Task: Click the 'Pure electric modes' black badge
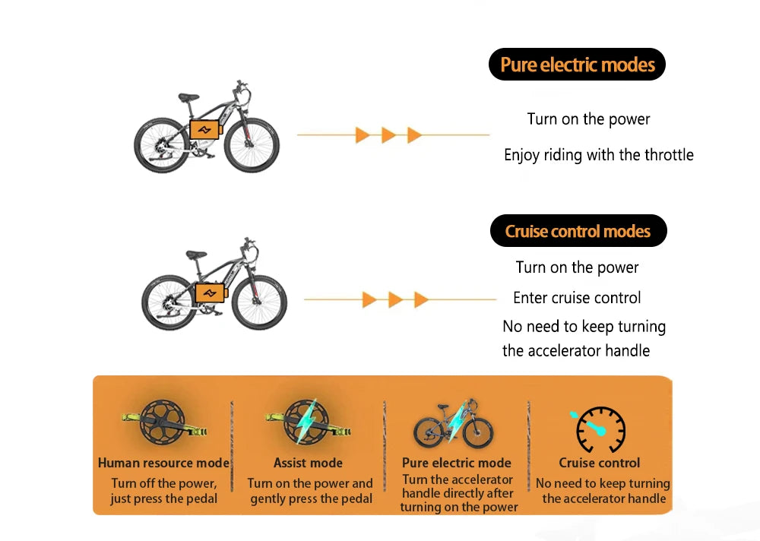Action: click(577, 65)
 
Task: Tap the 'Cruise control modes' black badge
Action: click(578, 231)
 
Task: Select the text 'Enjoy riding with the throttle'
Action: click(599, 155)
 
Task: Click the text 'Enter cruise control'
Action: click(577, 298)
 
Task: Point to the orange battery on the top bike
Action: click(204, 129)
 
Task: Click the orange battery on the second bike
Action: click(211, 293)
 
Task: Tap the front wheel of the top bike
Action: click(252, 141)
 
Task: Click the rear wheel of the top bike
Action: click(161, 145)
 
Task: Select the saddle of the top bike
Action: click(188, 97)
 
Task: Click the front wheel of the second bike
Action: click(259, 302)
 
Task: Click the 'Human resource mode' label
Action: click(163, 463)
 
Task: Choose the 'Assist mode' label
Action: click(308, 463)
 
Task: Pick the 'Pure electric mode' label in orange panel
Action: click(456, 463)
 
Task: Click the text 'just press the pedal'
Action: click(163, 499)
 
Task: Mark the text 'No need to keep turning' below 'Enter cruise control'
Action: click(584, 327)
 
